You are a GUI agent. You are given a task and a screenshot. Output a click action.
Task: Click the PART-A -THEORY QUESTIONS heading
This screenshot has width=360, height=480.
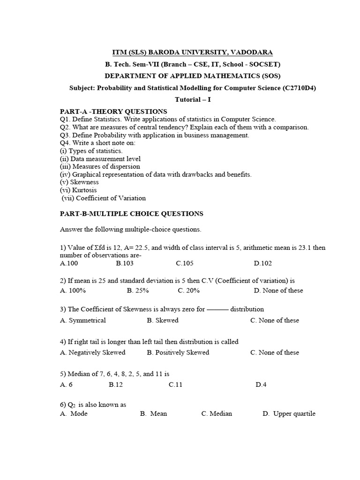[x=113, y=112]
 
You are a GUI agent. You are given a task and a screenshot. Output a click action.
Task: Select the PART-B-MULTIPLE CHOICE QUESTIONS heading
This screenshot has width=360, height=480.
[x=132, y=214]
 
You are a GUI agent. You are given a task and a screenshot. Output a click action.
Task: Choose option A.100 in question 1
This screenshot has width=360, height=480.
[x=69, y=263]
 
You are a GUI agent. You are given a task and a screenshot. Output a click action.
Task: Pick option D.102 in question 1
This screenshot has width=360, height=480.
[x=263, y=263]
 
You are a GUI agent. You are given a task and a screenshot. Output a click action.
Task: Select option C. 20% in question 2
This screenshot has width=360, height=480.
[x=188, y=291]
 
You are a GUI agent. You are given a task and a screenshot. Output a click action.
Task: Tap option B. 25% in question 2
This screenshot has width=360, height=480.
[x=138, y=291]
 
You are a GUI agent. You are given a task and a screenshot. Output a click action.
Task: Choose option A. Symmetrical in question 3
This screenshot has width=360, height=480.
[x=83, y=321]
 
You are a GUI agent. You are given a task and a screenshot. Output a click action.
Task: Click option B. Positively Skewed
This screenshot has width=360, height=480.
[x=178, y=352]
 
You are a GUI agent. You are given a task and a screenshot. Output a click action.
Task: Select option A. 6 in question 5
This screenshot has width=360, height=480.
[x=66, y=385]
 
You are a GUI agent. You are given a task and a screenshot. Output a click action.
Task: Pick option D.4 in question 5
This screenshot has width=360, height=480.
[x=261, y=385]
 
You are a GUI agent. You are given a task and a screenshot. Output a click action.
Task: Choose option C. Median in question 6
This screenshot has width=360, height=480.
[x=217, y=414]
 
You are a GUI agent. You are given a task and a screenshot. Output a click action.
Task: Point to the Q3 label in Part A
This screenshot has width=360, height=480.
[x=65, y=135]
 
